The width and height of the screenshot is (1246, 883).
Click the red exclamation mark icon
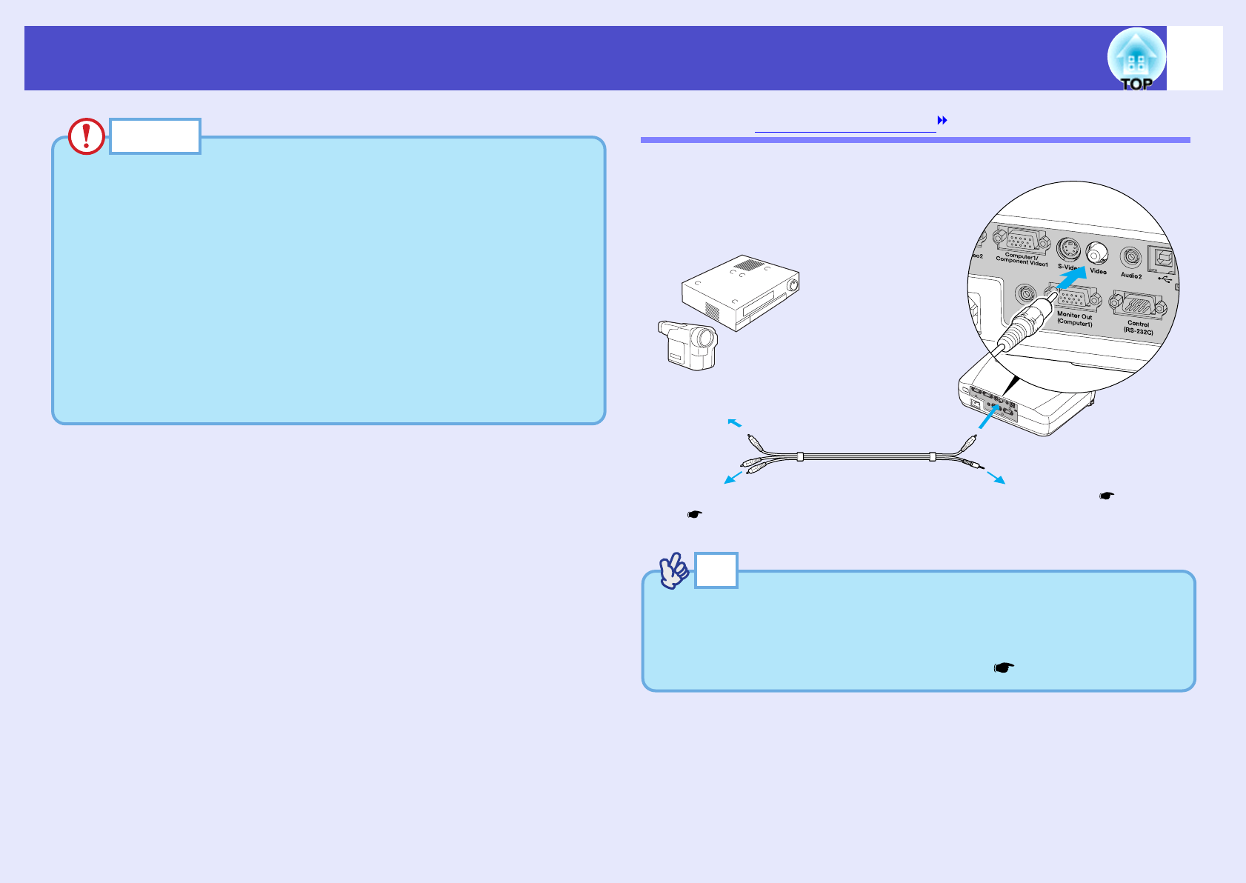point(86,136)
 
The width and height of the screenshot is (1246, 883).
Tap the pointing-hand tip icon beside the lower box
point(673,571)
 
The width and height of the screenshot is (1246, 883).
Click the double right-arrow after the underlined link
point(943,120)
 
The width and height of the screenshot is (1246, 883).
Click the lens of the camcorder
point(707,340)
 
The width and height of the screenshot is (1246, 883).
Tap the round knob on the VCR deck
point(795,284)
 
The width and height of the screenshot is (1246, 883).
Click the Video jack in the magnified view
point(1096,253)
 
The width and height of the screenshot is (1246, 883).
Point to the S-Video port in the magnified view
point(1067,248)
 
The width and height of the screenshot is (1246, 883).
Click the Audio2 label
point(1131,276)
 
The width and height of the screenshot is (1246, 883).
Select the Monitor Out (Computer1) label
point(1074,319)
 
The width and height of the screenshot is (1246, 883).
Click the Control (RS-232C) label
point(1139,327)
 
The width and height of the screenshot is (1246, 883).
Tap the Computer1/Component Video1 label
point(1022,259)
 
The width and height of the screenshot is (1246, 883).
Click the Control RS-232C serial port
point(1139,304)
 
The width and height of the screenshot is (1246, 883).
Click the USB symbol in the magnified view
point(1165,281)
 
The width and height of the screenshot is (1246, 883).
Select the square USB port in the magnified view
point(1159,259)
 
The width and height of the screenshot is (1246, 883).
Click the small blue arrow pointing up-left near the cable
point(733,422)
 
